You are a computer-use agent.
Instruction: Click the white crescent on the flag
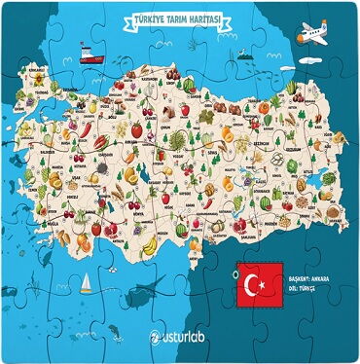tap(254, 285)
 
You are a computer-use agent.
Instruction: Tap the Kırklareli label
tap(37, 71)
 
